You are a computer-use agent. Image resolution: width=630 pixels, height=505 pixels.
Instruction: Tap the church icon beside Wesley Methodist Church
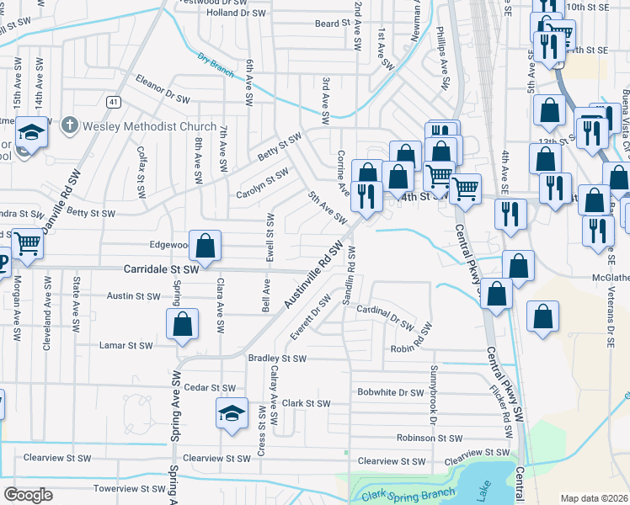71,125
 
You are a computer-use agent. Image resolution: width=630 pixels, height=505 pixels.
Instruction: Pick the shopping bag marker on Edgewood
205,247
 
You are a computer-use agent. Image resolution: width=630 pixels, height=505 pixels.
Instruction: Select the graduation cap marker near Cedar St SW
232,413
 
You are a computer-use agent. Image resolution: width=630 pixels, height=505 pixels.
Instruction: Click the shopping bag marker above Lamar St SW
182,325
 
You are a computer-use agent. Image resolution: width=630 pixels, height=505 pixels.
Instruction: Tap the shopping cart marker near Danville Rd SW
28,243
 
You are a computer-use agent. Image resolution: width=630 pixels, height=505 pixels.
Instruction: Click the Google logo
28,495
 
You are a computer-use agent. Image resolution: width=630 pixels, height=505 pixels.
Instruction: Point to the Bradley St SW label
277,358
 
